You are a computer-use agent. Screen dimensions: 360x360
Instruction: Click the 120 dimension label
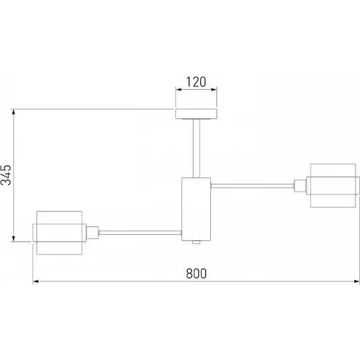pos(196,82)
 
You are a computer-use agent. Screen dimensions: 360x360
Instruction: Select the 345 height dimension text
pos(6,175)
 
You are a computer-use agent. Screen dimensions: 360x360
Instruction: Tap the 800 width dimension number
pos(196,273)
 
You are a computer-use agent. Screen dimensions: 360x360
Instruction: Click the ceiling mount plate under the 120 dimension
pos(196,114)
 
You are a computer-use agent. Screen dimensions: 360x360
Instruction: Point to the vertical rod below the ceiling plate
pos(196,149)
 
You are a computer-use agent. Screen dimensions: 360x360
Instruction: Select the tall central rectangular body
pos(196,209)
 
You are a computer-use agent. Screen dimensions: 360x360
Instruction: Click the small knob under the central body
pos(196,242)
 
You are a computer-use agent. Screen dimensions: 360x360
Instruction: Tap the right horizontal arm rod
pos(252,186)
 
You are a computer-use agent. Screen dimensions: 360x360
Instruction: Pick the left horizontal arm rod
pos(140,232)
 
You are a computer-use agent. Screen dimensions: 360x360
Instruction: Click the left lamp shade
pos(59,233)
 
